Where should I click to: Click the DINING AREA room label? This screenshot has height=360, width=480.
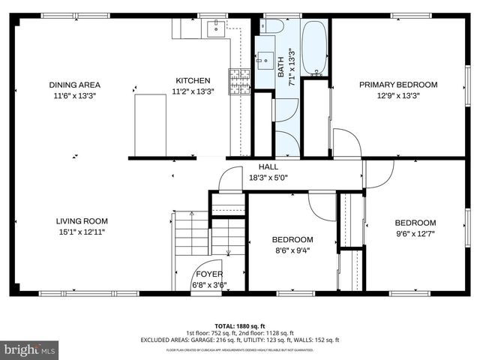coord(74,85)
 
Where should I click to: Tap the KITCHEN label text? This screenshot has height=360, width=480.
coord(193,81)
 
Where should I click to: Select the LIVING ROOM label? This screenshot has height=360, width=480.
coord(81,221)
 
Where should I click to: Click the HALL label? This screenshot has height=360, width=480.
coord(268,166)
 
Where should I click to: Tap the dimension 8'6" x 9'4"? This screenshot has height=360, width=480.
coord(292,250)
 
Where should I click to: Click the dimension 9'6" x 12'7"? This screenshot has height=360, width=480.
coord(415,233)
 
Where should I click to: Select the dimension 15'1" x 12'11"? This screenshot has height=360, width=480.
coord(81,232)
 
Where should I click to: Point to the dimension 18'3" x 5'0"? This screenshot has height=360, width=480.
coord(268,178)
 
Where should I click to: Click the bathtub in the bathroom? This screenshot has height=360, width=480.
coord(316,49)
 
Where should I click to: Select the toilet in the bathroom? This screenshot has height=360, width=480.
coord(274,27)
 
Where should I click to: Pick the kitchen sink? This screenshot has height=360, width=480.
coord(214,28)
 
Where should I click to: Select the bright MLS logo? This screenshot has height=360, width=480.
coord(30,349)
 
